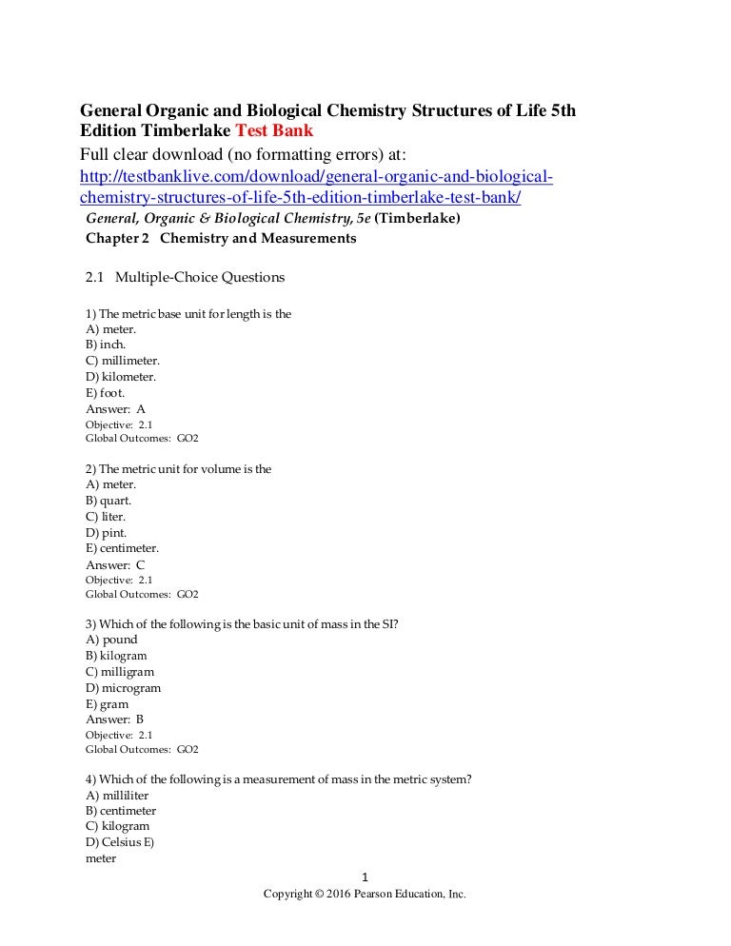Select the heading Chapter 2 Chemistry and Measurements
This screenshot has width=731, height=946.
tap(221, 239)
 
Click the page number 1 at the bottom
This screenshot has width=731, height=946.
tap(365, 877)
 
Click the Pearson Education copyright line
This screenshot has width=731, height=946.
tap(365, 895)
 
